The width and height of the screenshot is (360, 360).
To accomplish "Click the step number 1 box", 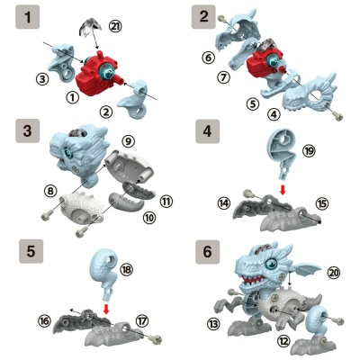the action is point(27,16).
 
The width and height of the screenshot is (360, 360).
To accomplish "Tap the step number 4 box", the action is point(208,131).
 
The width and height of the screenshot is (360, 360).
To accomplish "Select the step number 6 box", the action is point(208,251).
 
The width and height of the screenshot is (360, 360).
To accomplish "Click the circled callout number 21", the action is point(115,27).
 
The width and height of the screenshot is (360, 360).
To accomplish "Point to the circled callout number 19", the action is point(310,151).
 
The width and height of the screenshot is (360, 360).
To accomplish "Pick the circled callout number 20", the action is point(334,273).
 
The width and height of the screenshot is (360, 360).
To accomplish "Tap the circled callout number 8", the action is point(50,190).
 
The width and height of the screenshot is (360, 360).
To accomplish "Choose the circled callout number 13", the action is point(213,323).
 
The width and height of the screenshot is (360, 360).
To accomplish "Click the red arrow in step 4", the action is point(283,190).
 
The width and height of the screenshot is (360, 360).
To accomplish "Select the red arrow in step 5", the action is point(105,309).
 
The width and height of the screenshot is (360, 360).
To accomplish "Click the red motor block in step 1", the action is point(97,73).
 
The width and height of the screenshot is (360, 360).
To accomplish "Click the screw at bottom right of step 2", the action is point(337,116).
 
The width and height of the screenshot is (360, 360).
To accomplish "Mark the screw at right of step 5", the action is point(157,339).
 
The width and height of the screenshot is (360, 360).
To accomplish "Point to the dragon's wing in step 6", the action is point(304,269).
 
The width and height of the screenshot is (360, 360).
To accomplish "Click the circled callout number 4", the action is point(274,114).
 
